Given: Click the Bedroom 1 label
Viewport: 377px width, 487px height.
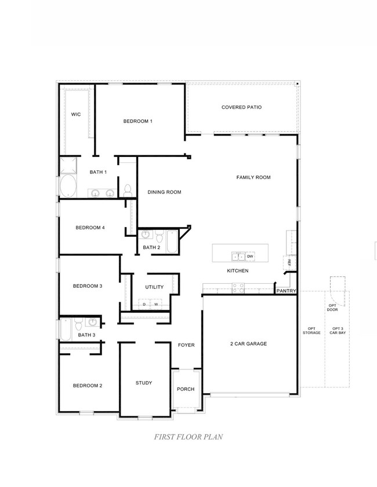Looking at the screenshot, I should pos(137,121).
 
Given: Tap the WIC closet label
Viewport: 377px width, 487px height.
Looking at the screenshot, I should pos(76,115).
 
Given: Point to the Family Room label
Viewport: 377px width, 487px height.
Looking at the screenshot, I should pos(253,177).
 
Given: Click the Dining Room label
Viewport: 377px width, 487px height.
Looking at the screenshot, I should pos(164,192).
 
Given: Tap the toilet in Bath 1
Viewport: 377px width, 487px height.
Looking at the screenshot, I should pos(128,189).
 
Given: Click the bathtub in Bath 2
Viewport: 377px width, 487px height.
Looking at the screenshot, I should pos(172,241).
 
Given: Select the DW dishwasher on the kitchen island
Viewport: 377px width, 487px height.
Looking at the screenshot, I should pos(250,256).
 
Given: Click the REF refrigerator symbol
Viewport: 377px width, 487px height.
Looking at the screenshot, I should pos(288,262).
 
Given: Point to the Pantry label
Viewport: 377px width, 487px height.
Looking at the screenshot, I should pos(287,291).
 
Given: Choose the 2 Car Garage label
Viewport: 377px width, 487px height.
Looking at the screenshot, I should pos(248,343).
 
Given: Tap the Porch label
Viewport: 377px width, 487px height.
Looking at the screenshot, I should pos(186,389).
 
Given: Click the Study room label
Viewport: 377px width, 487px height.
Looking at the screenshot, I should pos(144,383).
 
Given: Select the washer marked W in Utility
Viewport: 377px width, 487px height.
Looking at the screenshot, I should pos(155,304).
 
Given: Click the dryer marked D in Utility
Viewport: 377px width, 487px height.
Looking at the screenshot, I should pos(144,304).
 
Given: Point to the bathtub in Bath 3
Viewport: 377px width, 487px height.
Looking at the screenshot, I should pos(65,330).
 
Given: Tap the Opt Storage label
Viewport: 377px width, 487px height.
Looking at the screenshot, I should pos(311,331).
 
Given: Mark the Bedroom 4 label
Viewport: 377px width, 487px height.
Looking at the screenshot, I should pos(90,228).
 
